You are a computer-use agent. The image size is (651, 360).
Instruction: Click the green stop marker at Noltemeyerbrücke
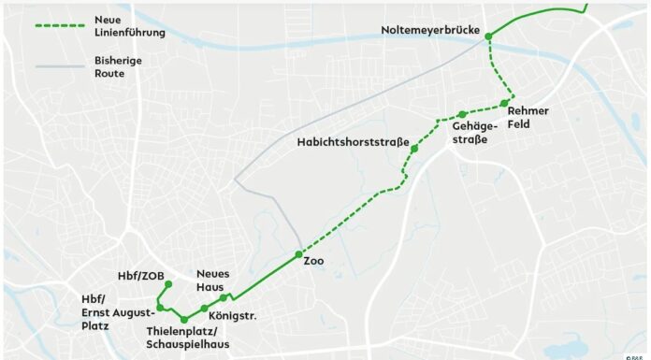click(x=488, y=36)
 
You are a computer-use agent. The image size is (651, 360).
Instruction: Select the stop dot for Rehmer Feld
click(x=504, y=103)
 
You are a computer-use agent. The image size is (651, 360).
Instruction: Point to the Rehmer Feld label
click(x=528, y=118)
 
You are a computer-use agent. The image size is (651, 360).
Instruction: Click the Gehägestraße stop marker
click(x=462, y=114)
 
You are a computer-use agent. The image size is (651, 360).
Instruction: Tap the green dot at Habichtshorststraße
click(x=413, y=149)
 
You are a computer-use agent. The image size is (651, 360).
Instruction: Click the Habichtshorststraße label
click(x=353, y=142)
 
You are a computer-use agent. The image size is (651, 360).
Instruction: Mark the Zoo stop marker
click(x=298, y=254)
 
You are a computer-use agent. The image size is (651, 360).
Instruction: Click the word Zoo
click(x=314, y=261)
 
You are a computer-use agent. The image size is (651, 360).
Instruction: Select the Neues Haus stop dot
click(x=223, y=298)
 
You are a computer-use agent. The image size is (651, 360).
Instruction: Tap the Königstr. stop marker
click(x=204, y=309)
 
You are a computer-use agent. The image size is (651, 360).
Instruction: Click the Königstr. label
click(x=232, y=316)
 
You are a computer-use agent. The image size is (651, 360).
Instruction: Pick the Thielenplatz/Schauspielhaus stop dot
click(x=184, y=320)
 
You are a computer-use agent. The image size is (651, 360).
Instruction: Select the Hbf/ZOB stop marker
click(x=168, y=283)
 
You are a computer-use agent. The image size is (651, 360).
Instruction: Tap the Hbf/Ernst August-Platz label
click(x=109, y=312)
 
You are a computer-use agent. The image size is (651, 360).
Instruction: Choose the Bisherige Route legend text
click(x=119, y=65)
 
